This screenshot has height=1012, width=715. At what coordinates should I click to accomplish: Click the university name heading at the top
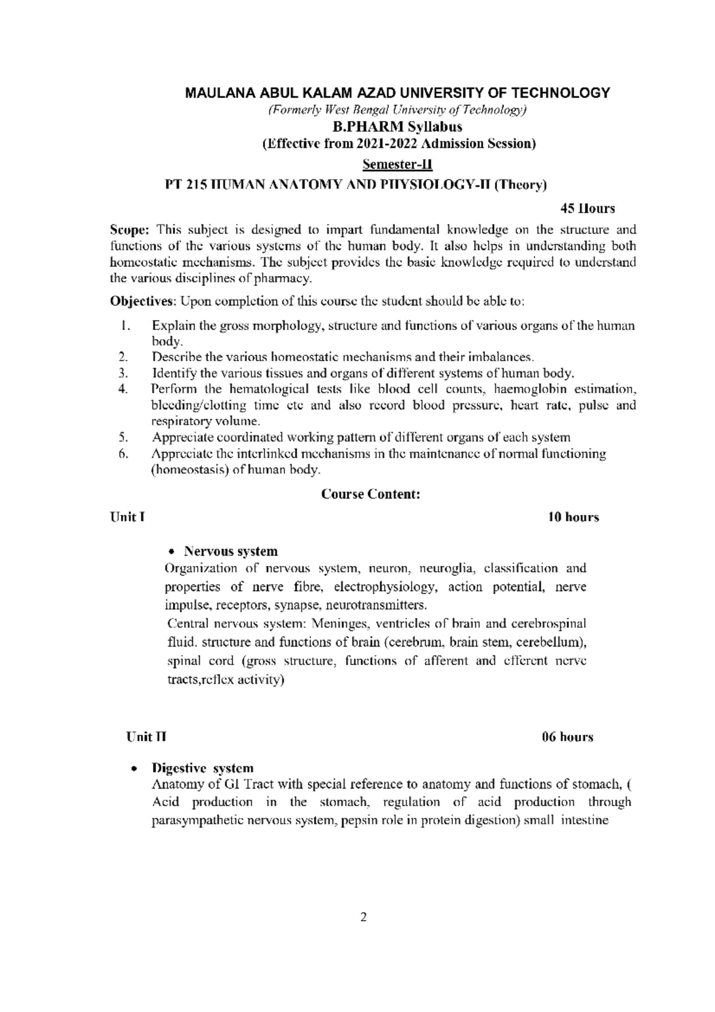point(397,93)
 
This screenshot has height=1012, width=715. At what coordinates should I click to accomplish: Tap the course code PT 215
point(181,185)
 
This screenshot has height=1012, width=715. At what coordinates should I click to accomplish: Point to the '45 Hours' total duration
point(587,209)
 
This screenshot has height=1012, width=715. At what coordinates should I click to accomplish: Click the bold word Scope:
point(132,230)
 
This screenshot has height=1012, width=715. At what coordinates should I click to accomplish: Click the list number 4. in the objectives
point(123,389)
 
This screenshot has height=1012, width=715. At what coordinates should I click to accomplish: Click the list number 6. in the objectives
point(123,454)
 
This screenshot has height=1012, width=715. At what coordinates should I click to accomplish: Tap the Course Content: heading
point(371,494)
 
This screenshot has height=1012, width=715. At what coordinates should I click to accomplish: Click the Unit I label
point(127,517)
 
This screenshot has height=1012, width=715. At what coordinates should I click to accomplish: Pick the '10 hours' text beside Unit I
point(573,517)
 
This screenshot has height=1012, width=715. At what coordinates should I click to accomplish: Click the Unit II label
point(146,737)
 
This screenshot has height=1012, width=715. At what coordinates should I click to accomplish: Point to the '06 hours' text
point(567,737)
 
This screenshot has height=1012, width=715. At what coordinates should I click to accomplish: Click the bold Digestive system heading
point(203,768)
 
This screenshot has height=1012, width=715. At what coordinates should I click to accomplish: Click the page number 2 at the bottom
point(363,933)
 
